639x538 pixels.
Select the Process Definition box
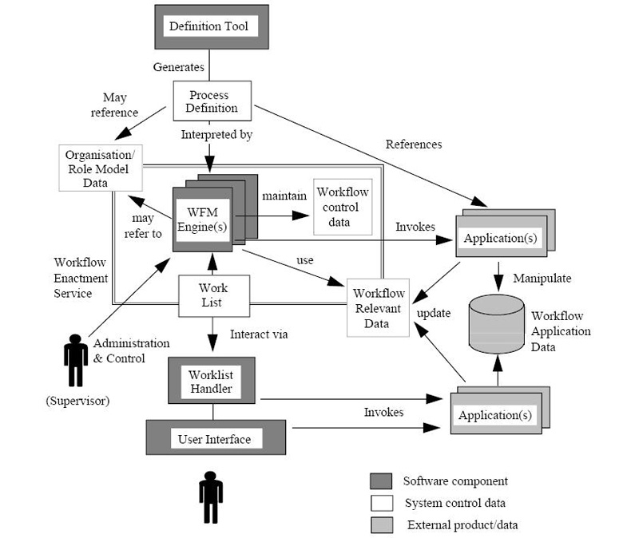click(213, 101)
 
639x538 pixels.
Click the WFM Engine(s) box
click(203, 218)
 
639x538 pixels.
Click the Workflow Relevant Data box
click(376, 307)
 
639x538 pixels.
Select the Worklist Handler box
click(212, 381)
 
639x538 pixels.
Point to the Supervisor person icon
click(76, 362)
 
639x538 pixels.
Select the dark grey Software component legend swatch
click(381, 481)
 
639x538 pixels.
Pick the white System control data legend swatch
click(381, 503)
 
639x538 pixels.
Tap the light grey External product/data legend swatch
click(381, 524)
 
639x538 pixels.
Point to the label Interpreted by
click(216, 135)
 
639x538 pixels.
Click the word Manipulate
click(544, 279)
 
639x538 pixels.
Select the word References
click(413, 144)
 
